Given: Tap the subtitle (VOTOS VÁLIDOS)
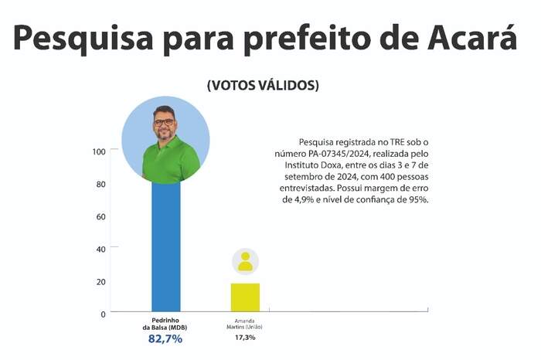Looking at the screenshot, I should click(263, 86).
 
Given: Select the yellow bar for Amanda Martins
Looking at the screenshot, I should click(245, 297).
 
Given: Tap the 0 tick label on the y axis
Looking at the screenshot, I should click(102, 314).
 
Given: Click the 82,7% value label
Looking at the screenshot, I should click(165, 338).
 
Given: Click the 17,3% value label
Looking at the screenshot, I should click(244, 338).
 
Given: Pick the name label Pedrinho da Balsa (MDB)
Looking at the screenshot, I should click(165, 324).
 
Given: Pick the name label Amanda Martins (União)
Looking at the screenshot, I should click(244, 324).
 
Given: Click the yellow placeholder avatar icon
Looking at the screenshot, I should click(245, 261).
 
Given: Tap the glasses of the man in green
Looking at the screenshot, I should click(165, 121).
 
